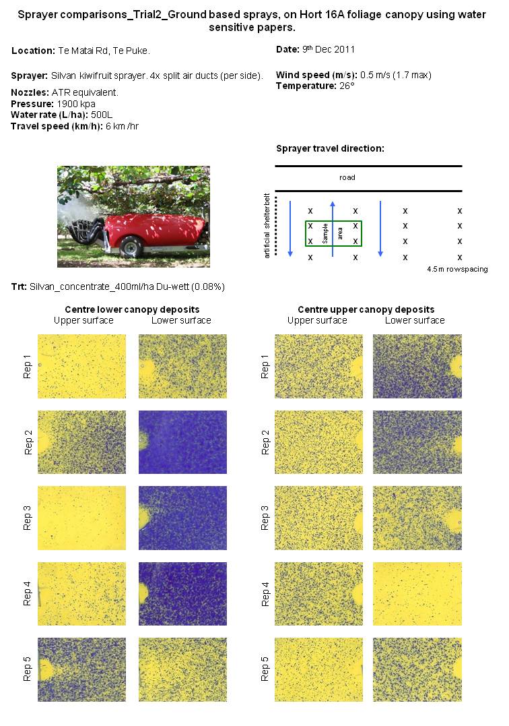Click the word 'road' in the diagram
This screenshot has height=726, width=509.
pyautogui.click(x=347, y=178)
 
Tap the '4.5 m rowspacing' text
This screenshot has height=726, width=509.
pyautogui.click(x=456, y=269)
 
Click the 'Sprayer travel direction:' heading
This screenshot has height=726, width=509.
pyautogui.click(x=330, y=148)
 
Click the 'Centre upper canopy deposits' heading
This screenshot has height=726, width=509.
pyautogui.click(x=366, y=309)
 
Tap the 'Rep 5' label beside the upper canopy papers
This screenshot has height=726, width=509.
pyautogui.click(x=265, y=669)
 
